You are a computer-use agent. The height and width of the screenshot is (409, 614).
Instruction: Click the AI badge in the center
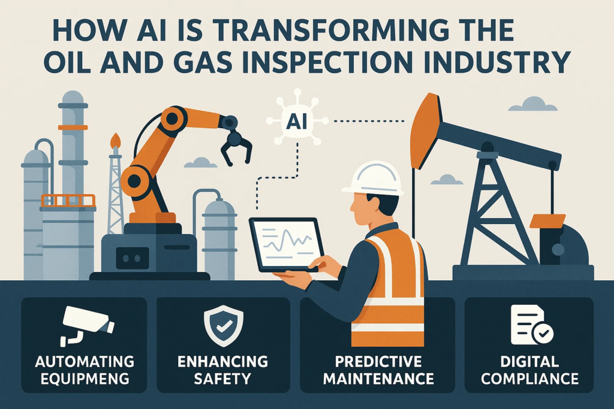(296, 122)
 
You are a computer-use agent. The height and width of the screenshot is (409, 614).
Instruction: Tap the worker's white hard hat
(374, 178)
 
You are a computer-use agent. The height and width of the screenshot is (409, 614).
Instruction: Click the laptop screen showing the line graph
(287, 244)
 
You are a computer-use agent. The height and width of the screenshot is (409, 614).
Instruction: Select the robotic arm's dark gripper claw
(236, 147)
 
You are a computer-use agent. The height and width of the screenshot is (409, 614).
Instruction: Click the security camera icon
(86, 326)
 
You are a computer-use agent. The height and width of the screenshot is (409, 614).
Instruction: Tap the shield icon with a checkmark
(223, 326)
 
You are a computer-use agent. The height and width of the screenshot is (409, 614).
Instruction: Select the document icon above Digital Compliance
(531, 325)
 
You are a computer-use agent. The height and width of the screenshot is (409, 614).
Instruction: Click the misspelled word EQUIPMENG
(85, 378)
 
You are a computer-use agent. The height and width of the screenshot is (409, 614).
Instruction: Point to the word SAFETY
(222, 378)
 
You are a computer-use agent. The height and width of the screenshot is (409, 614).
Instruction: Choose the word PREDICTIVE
(378, 362)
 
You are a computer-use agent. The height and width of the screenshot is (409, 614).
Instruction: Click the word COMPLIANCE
(530, 378)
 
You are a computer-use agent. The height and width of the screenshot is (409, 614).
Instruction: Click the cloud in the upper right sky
(534, 104)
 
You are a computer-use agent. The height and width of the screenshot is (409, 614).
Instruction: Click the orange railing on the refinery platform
(68, 201)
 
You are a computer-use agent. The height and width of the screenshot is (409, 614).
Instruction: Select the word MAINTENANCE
(378, 378)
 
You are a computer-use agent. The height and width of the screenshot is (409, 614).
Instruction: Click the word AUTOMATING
(85, 362)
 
